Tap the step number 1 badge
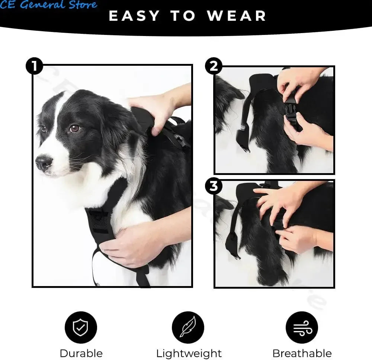point(34,67)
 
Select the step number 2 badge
point(214,67)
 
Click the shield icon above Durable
point(81,327)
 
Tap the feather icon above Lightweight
point(188,327)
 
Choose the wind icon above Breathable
point(302,327)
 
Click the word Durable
point(81,353)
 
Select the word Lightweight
point(189,353)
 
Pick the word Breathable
point(302,353)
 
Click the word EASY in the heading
point(134,16)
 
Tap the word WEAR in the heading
point(237,16)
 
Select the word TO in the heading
point(183,16)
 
